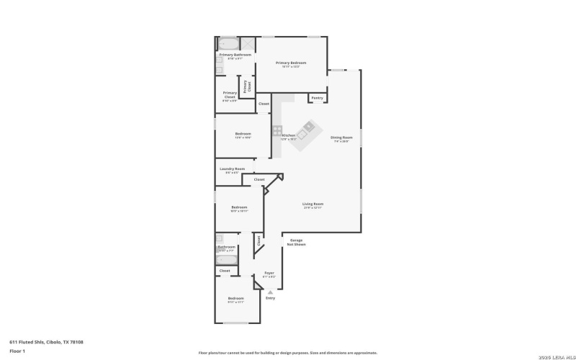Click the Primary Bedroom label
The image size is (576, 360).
(291, 63)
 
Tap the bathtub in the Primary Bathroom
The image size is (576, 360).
(229, 43)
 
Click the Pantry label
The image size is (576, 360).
(317, 97)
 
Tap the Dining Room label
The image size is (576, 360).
(341, 137)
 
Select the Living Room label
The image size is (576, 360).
(312, 204)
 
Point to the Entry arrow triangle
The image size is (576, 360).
(270, 292)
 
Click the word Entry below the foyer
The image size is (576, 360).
(270, 298)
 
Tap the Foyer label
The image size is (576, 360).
(269, 274)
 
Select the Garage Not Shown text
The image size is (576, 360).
(296, 242)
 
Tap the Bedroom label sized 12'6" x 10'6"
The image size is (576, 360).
(243, 134)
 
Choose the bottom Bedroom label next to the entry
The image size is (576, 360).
(236, 298)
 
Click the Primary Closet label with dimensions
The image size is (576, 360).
(230, 93)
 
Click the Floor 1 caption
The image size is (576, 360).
(17, 351)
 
